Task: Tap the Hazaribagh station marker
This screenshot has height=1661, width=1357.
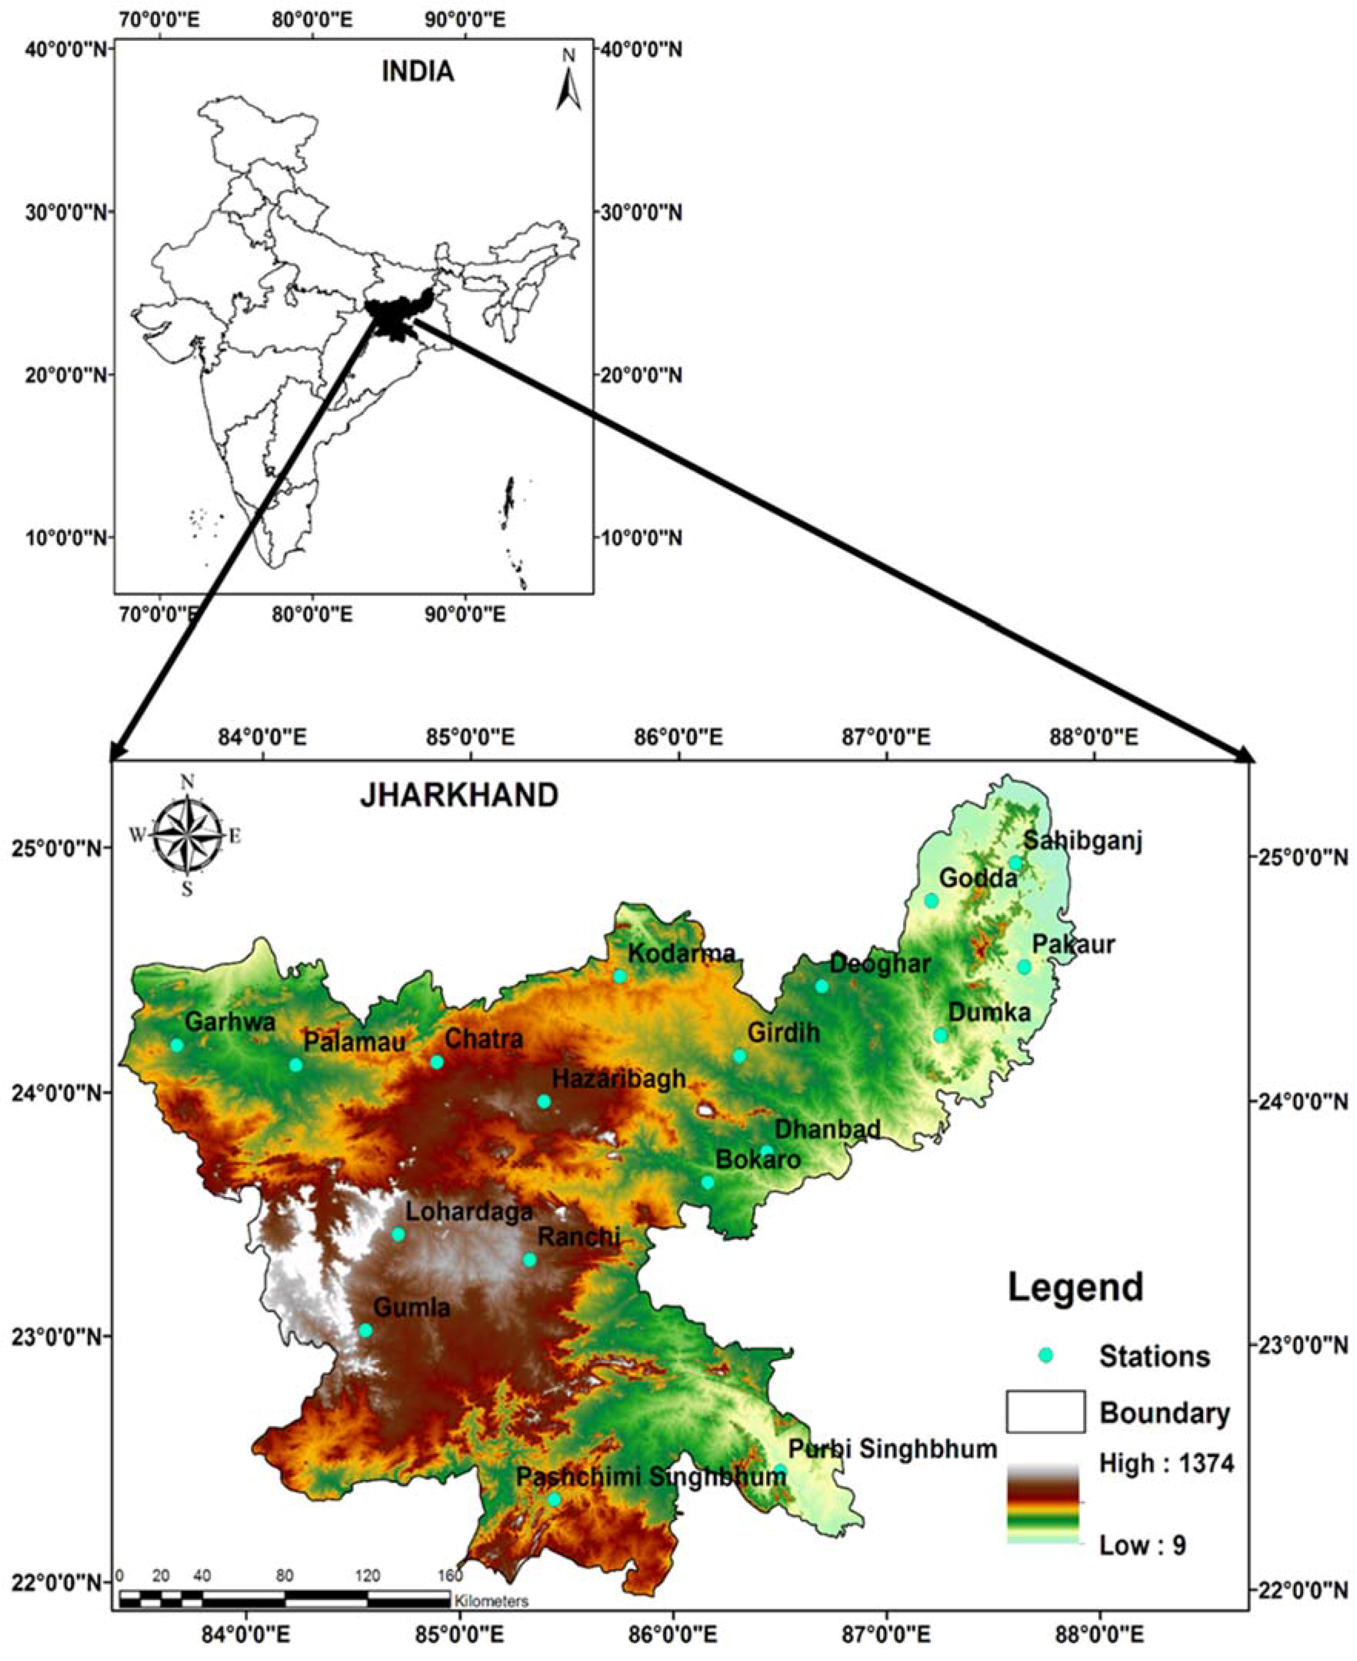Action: pos(544,1101)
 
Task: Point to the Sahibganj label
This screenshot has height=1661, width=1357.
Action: pos(1083,841)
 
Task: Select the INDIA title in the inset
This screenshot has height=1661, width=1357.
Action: pos(417,72)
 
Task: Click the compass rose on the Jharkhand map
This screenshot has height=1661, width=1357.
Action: pos(187,835)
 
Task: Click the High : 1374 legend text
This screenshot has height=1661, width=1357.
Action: pos(1166,1463)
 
